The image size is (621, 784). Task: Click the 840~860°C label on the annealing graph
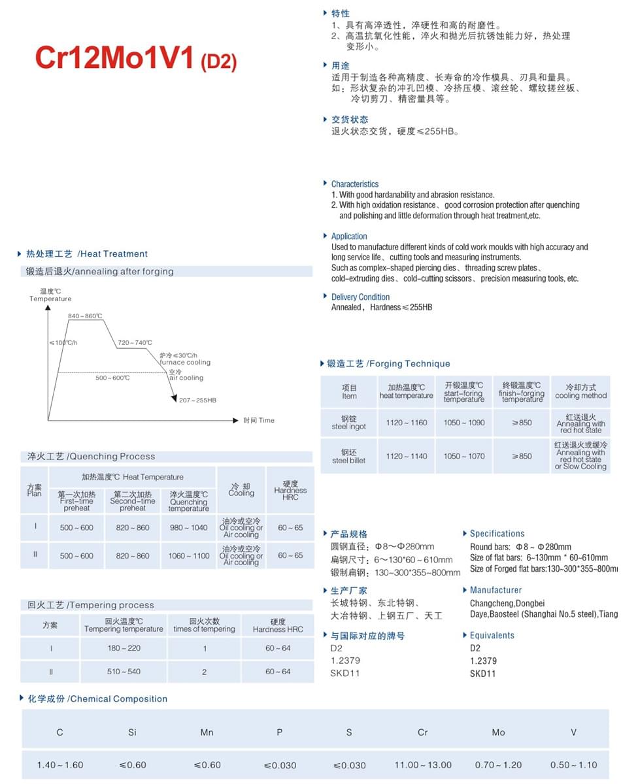85,316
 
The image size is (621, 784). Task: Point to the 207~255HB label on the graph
197,400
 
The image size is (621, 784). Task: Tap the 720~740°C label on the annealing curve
135,342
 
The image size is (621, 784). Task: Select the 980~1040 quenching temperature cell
188,528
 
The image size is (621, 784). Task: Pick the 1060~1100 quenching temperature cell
188,556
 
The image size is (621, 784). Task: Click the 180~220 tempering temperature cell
124,648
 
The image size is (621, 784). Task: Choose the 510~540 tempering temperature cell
124,672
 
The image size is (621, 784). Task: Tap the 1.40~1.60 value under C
60,765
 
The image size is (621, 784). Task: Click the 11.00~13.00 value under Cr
422,765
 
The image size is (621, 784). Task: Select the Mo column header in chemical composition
498,732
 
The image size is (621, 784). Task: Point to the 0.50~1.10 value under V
573,765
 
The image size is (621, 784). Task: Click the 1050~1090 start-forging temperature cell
464,423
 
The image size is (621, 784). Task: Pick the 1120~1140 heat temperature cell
406,456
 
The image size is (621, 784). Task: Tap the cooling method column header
580,391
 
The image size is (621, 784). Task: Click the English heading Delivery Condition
360,297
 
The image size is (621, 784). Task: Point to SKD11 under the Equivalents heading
482,674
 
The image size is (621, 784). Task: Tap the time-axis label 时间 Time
259,420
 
